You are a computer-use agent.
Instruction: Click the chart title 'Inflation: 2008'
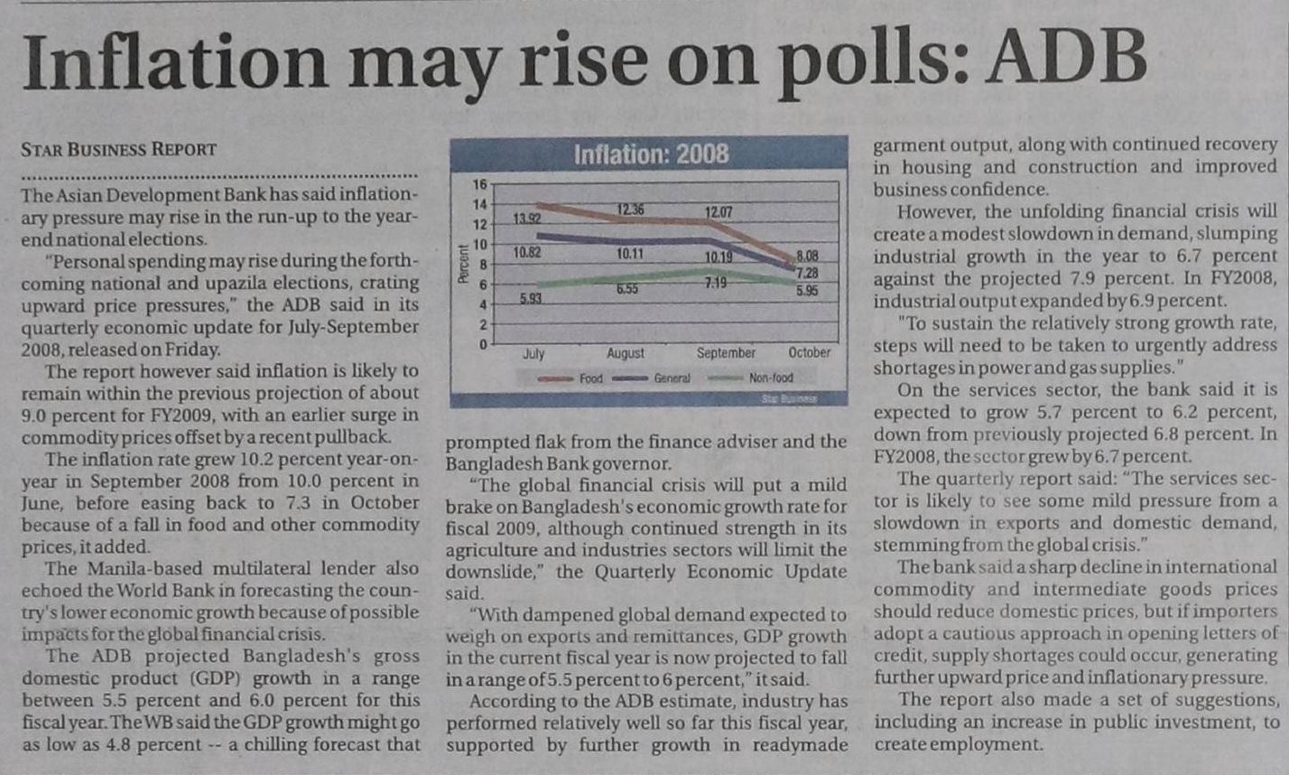[651, 154]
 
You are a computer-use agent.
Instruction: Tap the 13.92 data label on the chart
[527, 219]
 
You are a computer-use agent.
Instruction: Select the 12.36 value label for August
[630, 210]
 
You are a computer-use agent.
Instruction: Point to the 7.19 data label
[719, 284]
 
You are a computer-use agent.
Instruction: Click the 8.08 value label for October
[807, 257]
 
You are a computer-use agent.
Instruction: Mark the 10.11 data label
[630, 254]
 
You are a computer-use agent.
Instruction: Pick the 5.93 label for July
[531, 299]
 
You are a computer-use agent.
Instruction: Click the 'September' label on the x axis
[726, 353]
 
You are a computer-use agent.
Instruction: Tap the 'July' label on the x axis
[533, 353]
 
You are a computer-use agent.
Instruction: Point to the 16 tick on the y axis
[479, 184]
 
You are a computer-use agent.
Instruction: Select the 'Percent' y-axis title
[462, 265]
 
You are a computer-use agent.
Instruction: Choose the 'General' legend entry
[672, 378]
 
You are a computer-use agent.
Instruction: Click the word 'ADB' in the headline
[1067, 61]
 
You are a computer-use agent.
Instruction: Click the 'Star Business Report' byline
[118, 150]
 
